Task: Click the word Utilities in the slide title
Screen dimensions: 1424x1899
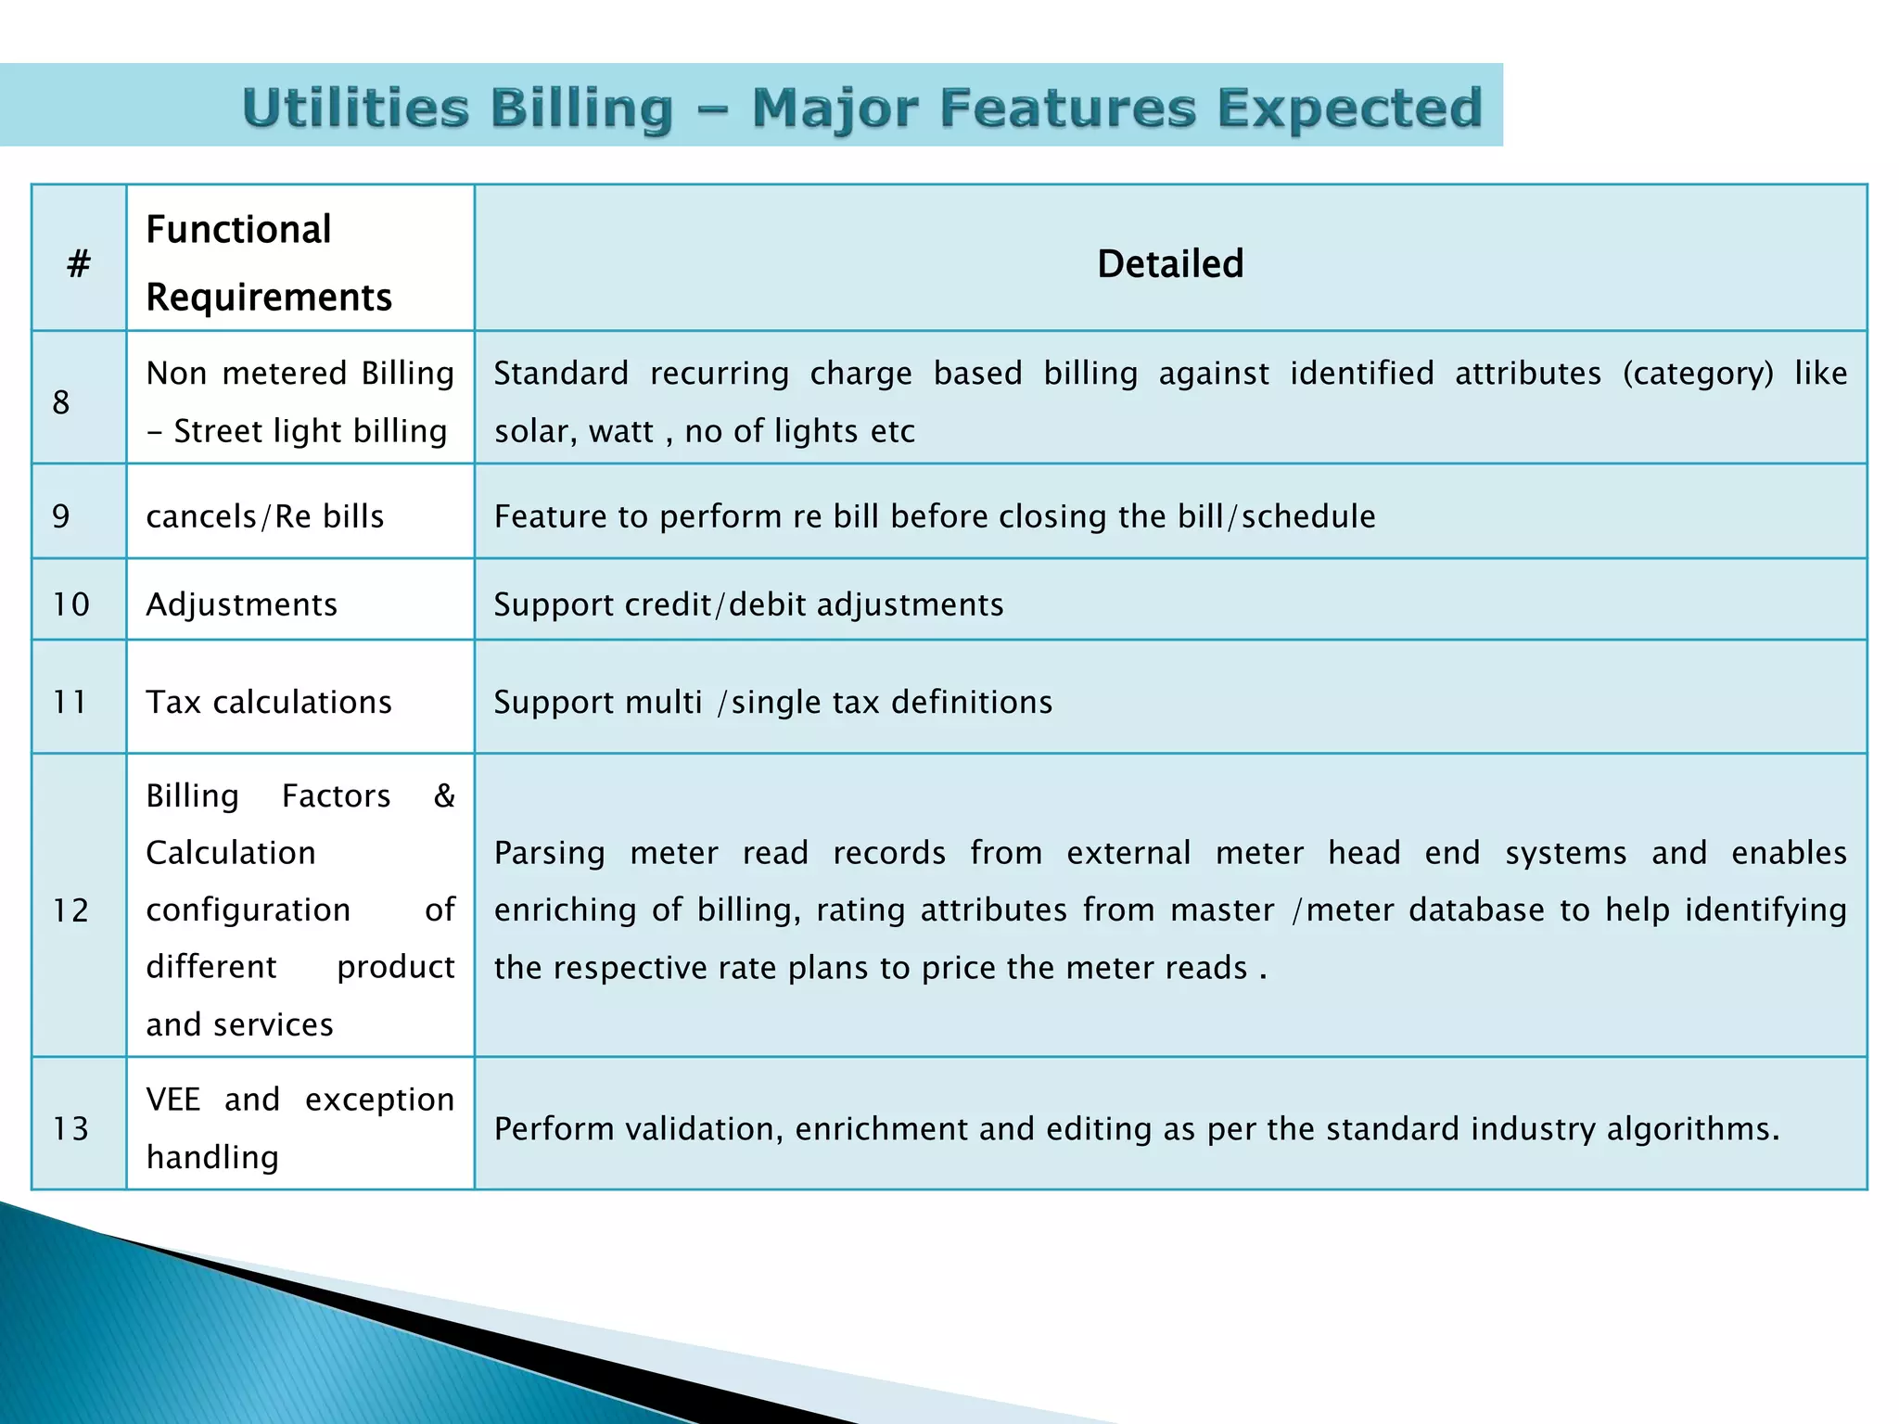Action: point(355,108)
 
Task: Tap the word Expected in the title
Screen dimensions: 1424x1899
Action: point(1349,108)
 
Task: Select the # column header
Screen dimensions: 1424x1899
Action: point(79,264)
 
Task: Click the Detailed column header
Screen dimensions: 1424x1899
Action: point(1170,264)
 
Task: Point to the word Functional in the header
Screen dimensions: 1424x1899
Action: point(238,230)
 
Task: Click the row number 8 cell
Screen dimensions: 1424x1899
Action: point(61,402)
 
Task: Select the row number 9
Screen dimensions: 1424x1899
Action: point(61,516)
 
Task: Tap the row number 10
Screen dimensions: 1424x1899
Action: point(70,604)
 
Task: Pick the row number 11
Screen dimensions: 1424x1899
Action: point(70,702)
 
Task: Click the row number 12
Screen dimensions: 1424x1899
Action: point(70,910)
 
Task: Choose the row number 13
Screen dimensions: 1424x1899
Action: point(70,1128)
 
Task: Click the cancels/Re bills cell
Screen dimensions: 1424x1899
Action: point(265,516)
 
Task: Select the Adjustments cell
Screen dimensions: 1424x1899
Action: point(241,604)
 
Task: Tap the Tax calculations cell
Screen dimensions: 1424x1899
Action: point(269,702)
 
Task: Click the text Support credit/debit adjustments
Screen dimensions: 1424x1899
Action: point(748,604)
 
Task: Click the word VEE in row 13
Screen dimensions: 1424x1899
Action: point(173,1100)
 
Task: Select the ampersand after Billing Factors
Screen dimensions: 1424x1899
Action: point(444,795)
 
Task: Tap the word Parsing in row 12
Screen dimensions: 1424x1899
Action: point(549,853)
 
